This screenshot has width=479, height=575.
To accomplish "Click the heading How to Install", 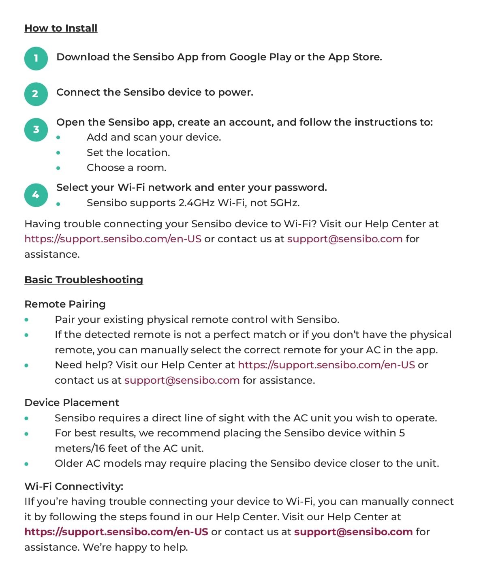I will (x=61, y=28).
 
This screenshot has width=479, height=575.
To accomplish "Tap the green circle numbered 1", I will (x=36, y=58).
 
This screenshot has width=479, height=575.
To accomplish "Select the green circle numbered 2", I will (x=36, y=94).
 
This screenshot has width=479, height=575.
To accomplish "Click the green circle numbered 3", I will (x=36, y=130).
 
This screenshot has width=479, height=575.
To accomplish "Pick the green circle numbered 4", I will (x=36, y=195).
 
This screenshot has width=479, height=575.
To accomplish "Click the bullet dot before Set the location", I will (x=58, y=153).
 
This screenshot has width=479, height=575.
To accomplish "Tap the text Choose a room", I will (x=126, y=168).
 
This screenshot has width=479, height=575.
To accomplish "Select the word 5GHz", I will (x=284, y=203).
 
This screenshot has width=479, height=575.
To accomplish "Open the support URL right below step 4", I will (x=113, y=239).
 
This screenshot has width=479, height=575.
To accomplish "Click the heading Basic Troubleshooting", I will (x=83, y=280).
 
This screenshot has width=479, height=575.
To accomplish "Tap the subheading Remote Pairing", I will (x=65, y=304).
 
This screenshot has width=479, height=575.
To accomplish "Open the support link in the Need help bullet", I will (x=326, y=365).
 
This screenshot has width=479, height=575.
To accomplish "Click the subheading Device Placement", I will (x=72, y=403).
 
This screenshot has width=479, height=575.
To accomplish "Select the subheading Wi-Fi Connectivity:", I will (x=74, y=486).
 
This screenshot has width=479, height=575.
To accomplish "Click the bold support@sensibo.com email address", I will (x=353, y=532).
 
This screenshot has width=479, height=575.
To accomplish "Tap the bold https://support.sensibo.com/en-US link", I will (x=116, y=532).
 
